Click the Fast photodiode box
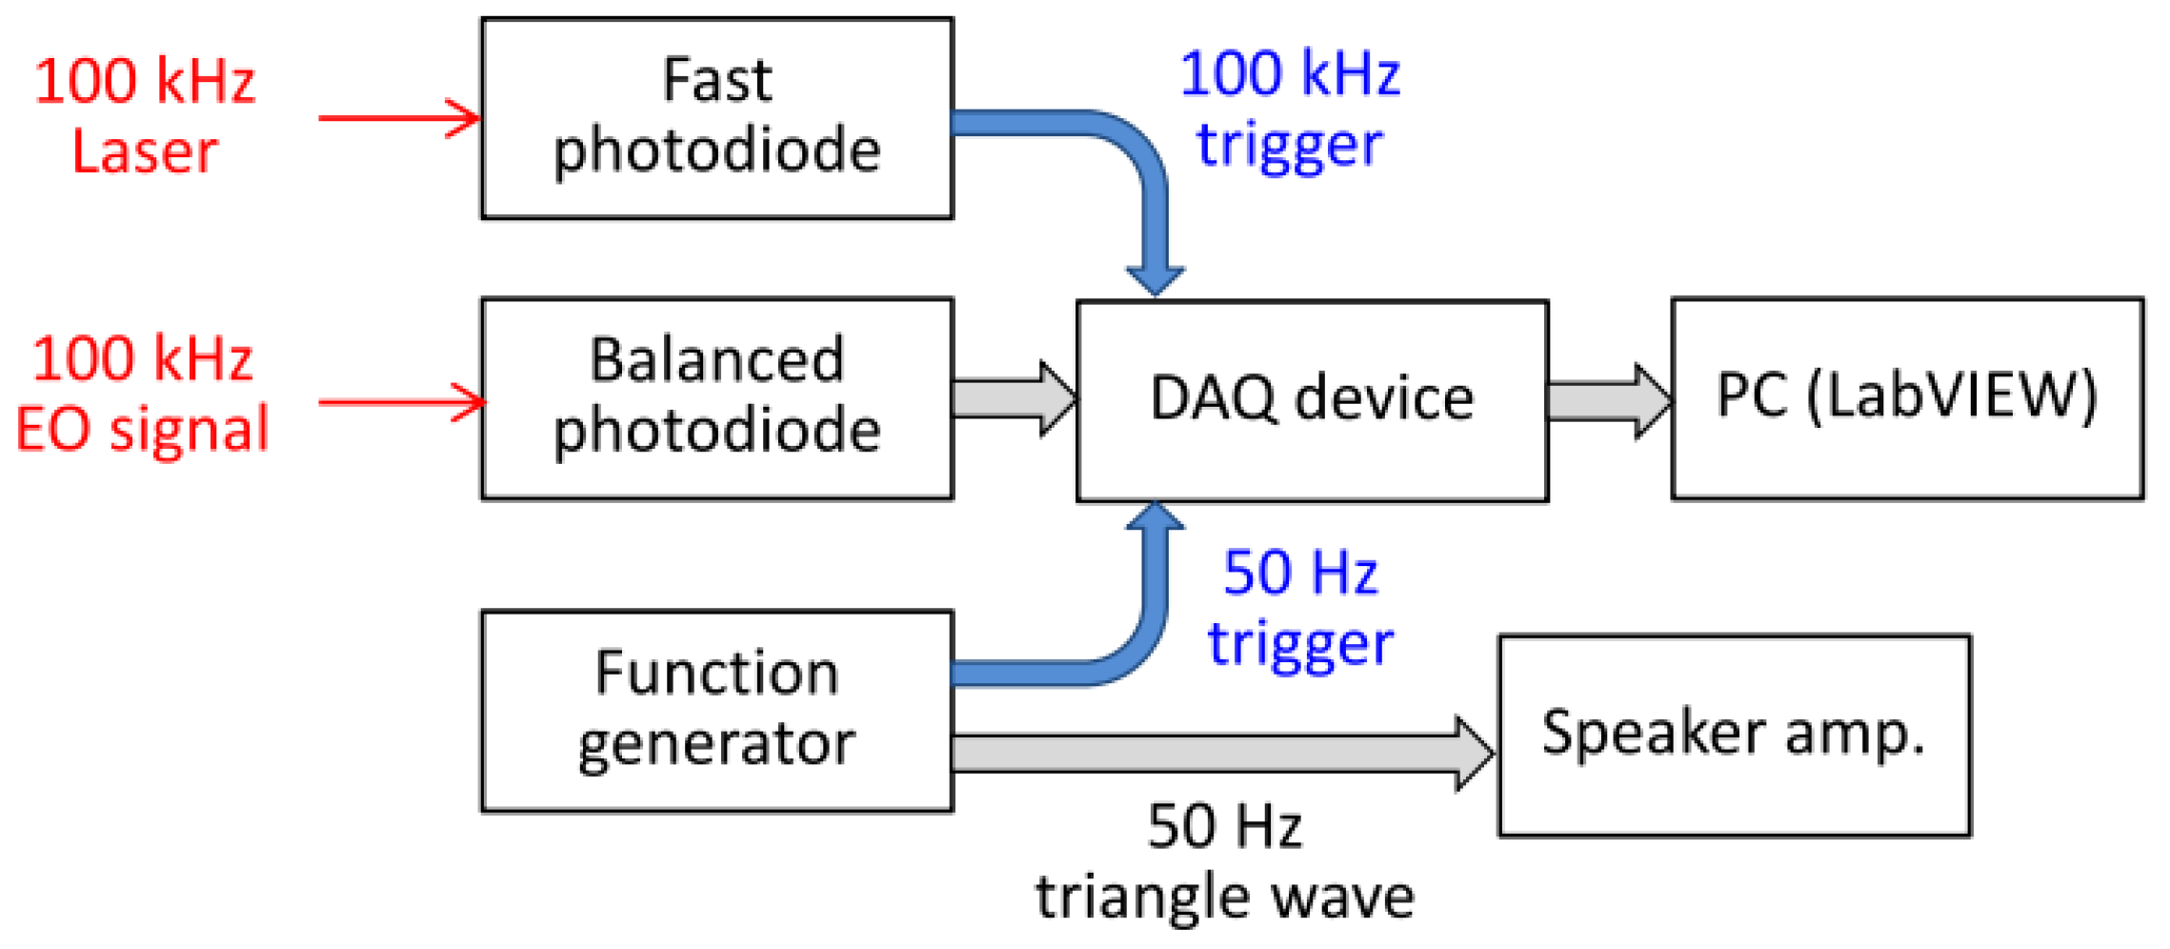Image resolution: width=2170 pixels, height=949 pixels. (716, 118)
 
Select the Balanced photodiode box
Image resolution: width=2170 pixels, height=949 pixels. (716, 398)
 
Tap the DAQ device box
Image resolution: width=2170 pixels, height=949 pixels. (1312, 400)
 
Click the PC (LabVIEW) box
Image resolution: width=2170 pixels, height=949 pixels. (1907, 398)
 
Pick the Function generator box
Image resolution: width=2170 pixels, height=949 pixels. (716, 711)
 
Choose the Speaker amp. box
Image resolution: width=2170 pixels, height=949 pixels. (1734, 736)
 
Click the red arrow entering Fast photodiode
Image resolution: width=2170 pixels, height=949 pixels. (400, 118)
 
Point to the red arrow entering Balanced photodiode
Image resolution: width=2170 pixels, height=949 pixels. (400, 402)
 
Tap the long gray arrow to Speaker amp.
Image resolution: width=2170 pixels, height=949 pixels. (1219, 753)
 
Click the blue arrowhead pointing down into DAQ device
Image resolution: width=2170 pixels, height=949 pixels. (1155, 279)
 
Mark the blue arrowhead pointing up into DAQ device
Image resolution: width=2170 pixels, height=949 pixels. (1155, 517)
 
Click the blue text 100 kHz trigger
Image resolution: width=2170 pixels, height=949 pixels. (1290, 109)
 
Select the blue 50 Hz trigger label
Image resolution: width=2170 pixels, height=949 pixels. (1300, 608)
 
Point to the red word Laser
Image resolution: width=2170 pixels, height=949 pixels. (145, 152)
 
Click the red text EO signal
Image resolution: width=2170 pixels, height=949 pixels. (143, 429)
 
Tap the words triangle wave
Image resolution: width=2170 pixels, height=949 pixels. (1225, 898)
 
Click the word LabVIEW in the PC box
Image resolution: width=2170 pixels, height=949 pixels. (1953, 394)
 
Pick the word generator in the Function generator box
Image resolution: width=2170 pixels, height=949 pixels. (716, 745)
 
